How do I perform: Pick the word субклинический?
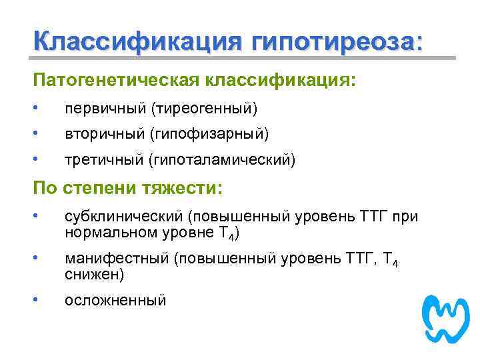pyautogui.click(x=123, y=218)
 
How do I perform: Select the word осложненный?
pyautogui.click(x=115, y=301)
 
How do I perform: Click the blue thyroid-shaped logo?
pyautogui.click(x=446, y=319)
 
